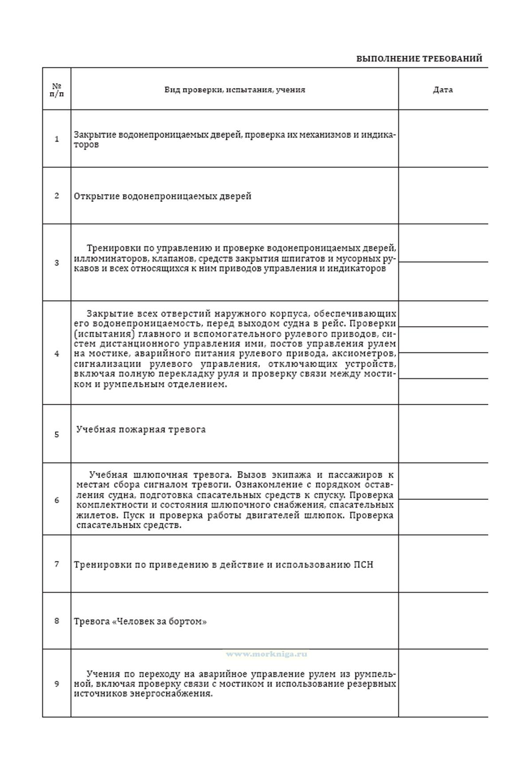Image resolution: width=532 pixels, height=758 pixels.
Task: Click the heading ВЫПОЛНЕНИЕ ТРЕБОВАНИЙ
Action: (419, 59)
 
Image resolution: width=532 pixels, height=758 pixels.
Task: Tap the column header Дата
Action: (442, 90)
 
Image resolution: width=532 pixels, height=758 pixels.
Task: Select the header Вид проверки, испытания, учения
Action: (235, 90)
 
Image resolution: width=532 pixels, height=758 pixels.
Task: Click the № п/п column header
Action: (57, 90)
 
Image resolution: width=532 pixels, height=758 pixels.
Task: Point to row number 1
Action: (57, 139)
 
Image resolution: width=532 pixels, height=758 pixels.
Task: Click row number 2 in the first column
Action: (57, 196)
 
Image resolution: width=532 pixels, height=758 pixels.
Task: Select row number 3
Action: (57, 263)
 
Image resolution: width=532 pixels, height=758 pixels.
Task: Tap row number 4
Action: (57, 353)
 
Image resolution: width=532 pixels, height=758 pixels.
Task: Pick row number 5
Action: (57, 434)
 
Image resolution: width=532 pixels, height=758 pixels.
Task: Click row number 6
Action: (57, 500)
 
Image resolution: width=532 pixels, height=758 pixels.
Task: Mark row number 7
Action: (57, 564)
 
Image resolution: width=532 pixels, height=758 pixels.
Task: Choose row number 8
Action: (57, 621)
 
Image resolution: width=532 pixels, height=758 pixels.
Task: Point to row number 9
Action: (57, 684)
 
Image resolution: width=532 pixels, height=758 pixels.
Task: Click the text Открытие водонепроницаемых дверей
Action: (162, 196)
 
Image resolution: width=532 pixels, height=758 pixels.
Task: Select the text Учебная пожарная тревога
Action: (141, 429)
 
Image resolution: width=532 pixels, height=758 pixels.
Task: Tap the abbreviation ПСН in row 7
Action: (364, 565)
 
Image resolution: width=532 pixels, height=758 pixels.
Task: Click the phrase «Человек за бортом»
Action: (160, 622)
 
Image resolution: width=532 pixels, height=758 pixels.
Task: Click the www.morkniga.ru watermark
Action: (266, 654)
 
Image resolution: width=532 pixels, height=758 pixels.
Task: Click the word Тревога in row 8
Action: (91, 622)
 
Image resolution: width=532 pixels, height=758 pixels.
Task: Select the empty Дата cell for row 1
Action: (442, 139)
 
